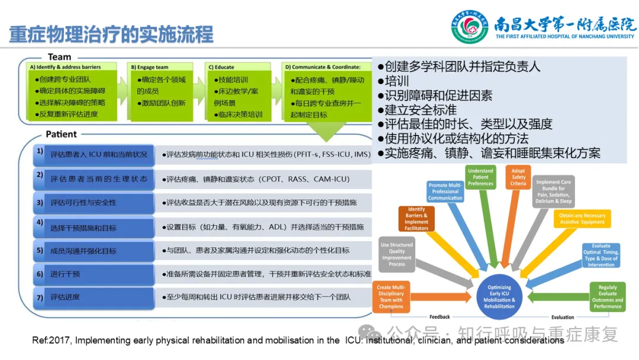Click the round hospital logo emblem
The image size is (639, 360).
point(470,27)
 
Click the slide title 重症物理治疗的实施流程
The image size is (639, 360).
point(111,34)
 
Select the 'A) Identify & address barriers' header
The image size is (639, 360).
point(65,67)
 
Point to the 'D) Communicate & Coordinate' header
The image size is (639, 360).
point(322,67)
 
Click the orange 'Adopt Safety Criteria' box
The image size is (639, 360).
point(518,176)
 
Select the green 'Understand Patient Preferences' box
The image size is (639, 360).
point(480,177)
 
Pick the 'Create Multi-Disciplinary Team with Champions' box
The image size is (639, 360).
point(391,297)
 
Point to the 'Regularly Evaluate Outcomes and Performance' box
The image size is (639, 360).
point(607,297)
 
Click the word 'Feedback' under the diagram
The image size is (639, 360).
point(440,317)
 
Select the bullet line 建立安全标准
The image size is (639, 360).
point(420,110)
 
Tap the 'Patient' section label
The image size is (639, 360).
point(62,134)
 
